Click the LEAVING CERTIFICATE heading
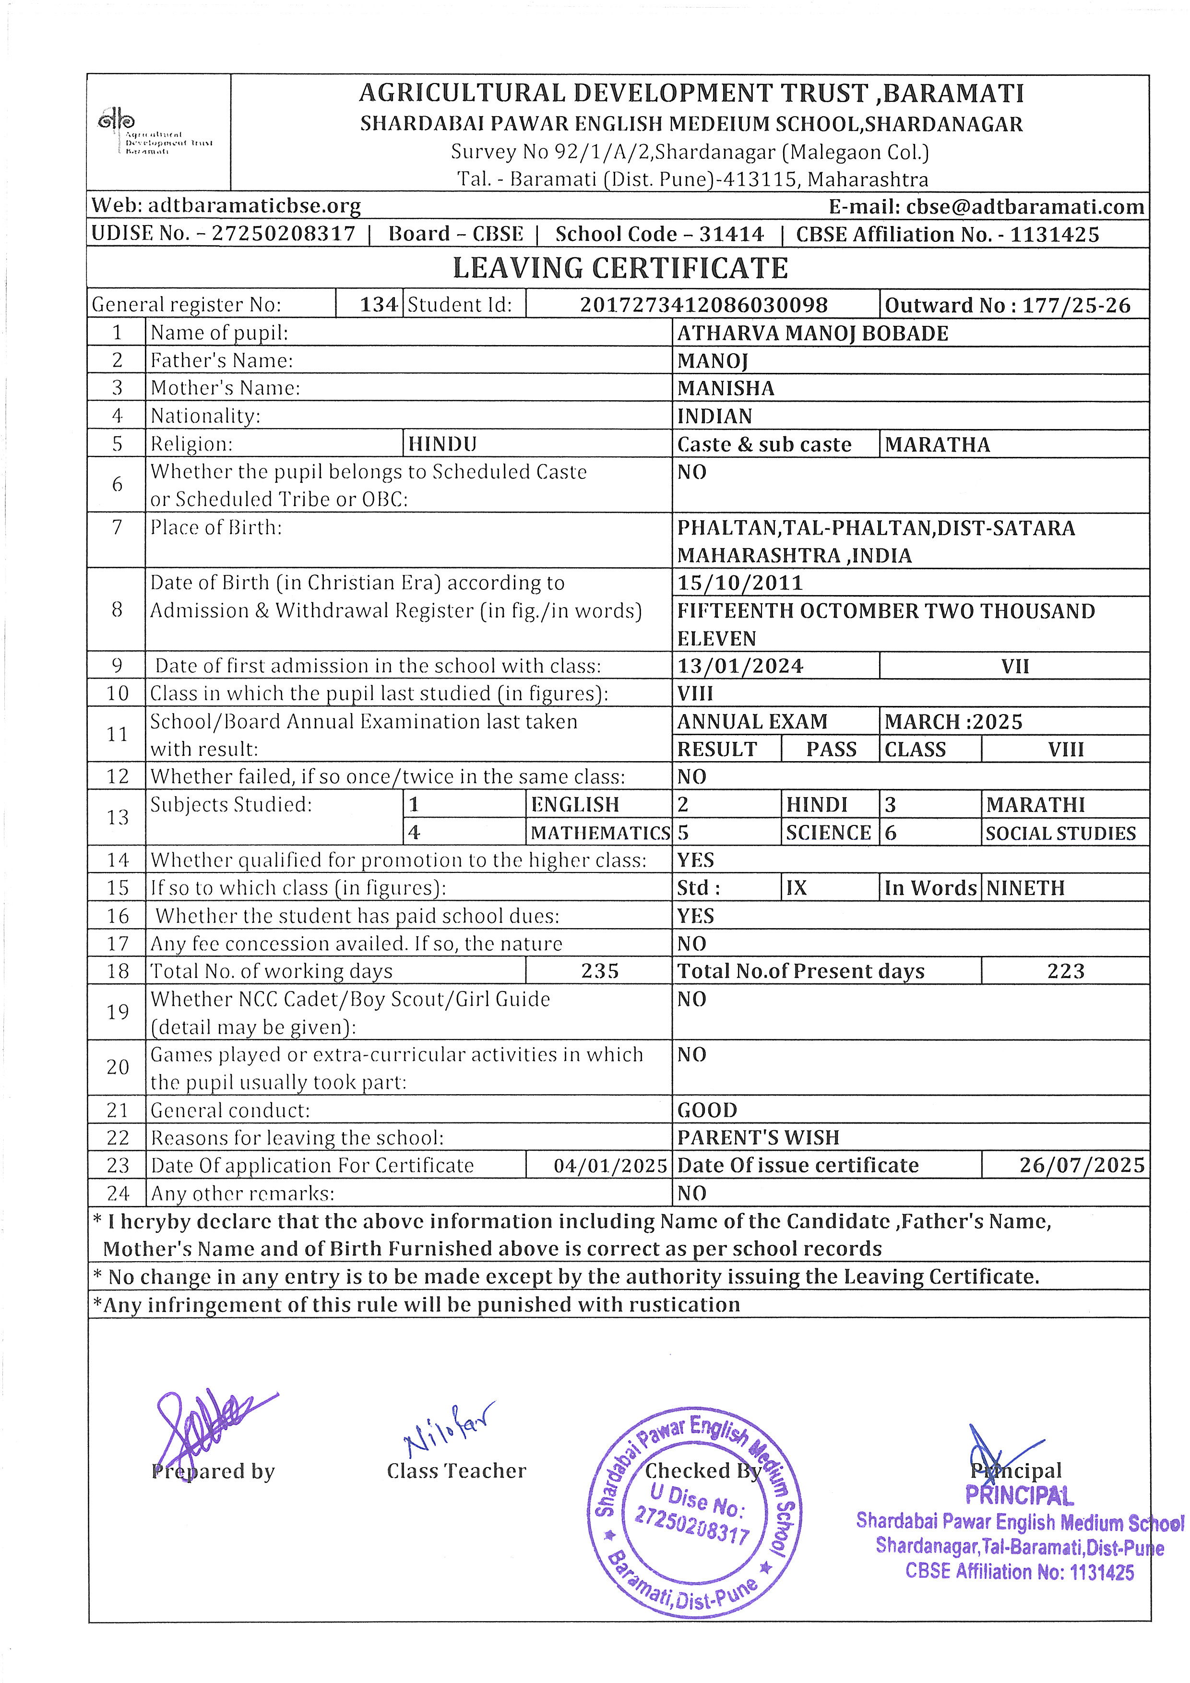[620, 268]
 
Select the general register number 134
[379, 305]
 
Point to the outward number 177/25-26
[1008, 305]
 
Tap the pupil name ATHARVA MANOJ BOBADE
[812, 334]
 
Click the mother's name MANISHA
[726, 389]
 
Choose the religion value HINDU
[442, 444]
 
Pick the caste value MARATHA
[937, 445]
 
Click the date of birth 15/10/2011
[740, 584]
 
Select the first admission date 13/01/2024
[740, 666]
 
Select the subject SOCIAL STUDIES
[1060, 834]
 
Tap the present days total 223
[1065, 971]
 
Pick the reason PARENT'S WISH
[759, 1138]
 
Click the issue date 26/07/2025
[1082, 1166]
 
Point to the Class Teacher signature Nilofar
[449, 1426]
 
